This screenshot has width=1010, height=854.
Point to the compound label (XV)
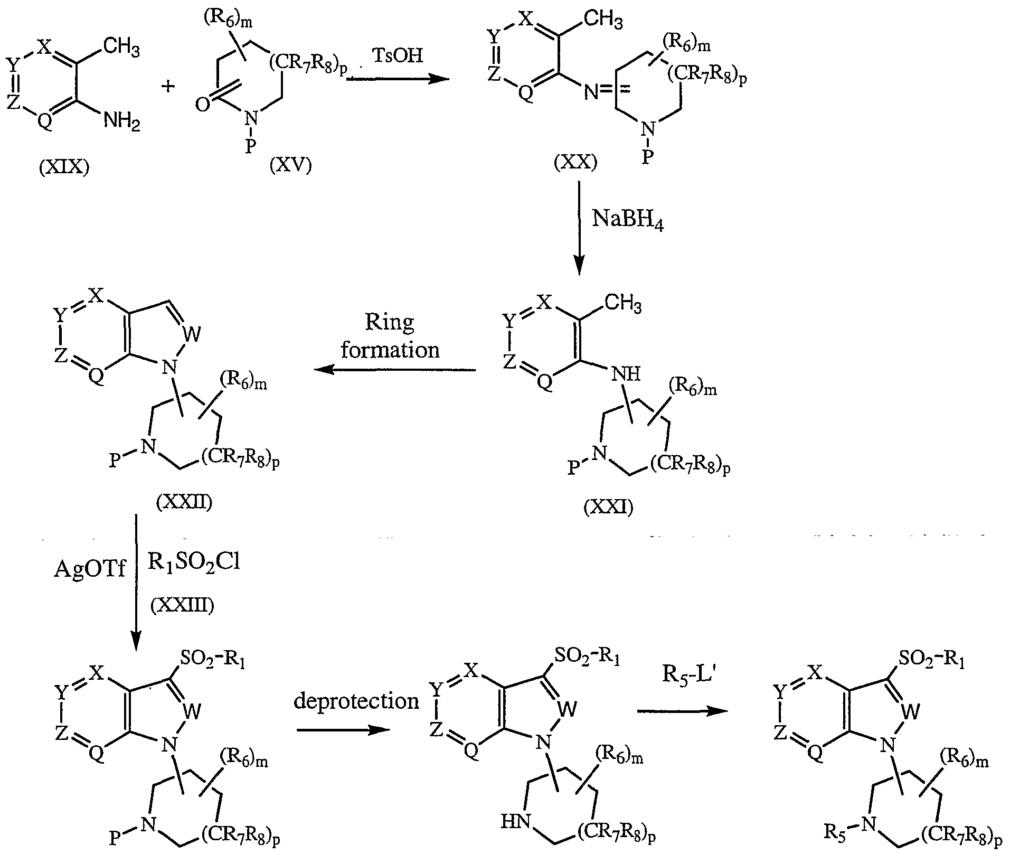[290, 165]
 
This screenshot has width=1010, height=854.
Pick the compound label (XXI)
[608, 508]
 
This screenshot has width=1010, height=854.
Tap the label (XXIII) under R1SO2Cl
[182, 606]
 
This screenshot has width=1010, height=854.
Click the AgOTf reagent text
[90, 571]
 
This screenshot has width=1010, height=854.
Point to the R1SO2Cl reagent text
[193, 562]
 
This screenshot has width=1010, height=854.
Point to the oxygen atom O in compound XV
[202, 105]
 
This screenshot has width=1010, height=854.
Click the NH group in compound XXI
[626, 374]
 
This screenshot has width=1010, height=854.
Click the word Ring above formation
[390, 322]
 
